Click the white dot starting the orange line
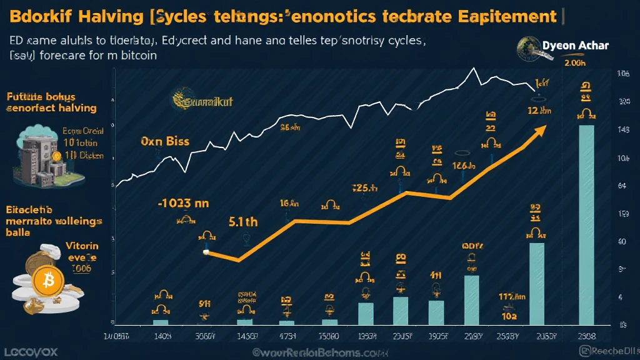206,252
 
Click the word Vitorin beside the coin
82,246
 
